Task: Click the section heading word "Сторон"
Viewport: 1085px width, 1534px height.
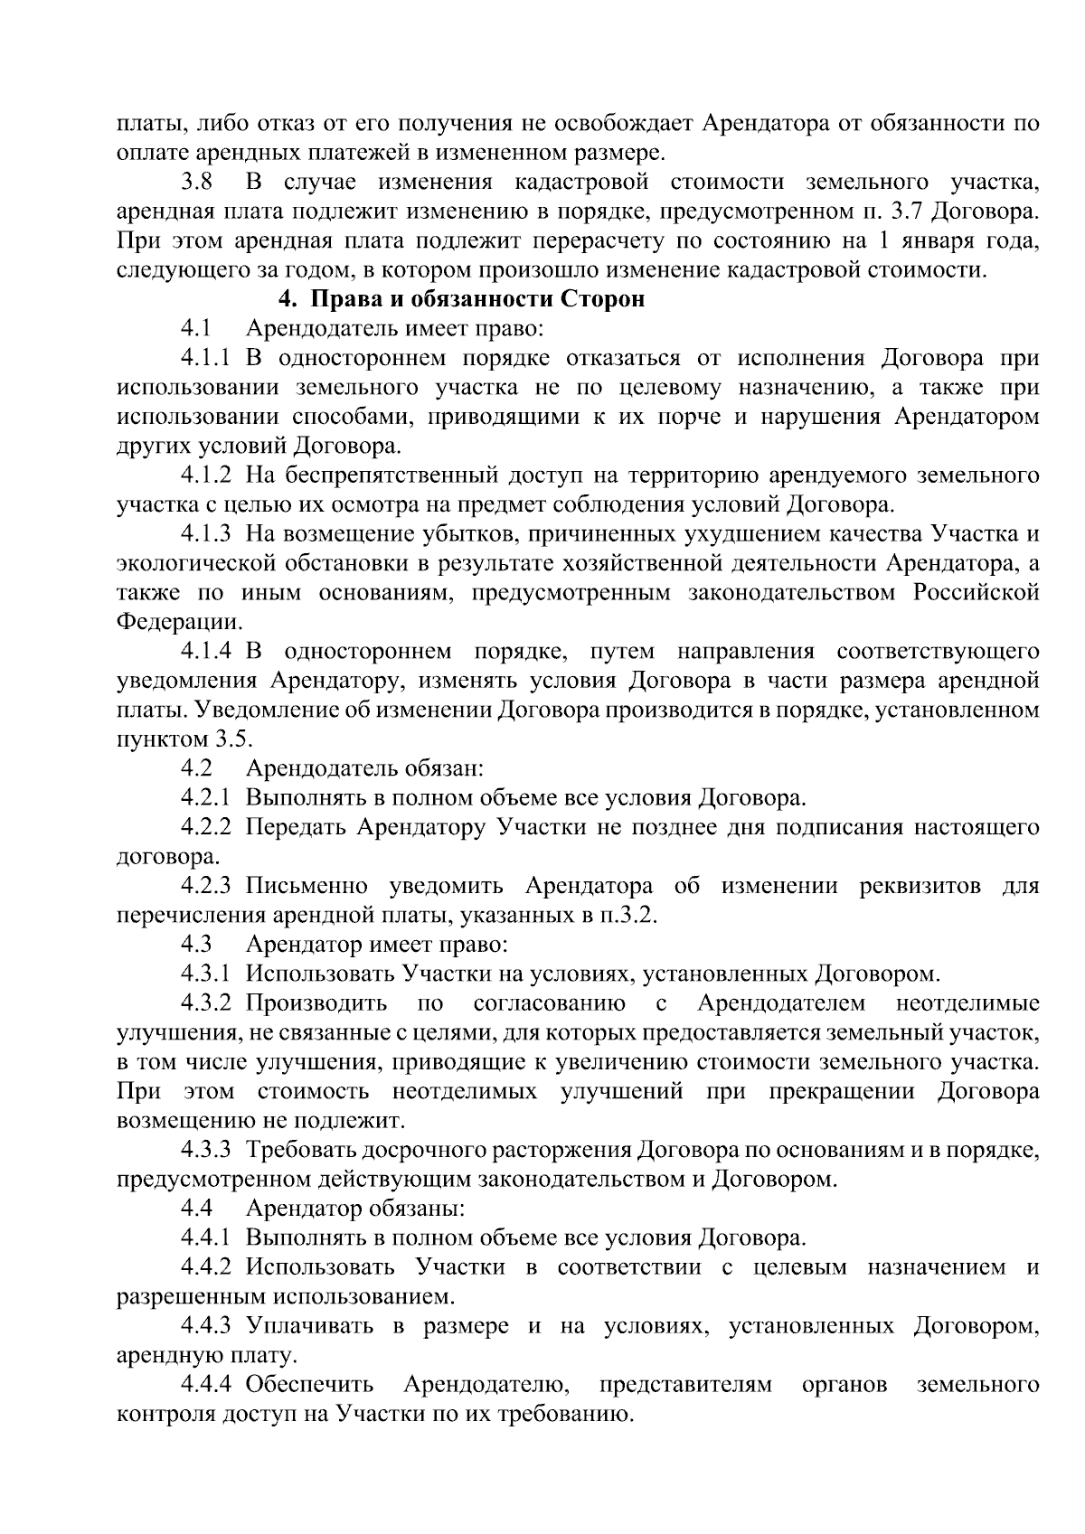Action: coord(603,299)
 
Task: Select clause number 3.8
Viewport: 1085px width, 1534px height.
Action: coord(196,182)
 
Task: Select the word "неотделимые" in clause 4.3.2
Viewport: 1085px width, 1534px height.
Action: coord(967,1003)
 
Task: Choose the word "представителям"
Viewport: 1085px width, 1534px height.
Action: coord(685,1385)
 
